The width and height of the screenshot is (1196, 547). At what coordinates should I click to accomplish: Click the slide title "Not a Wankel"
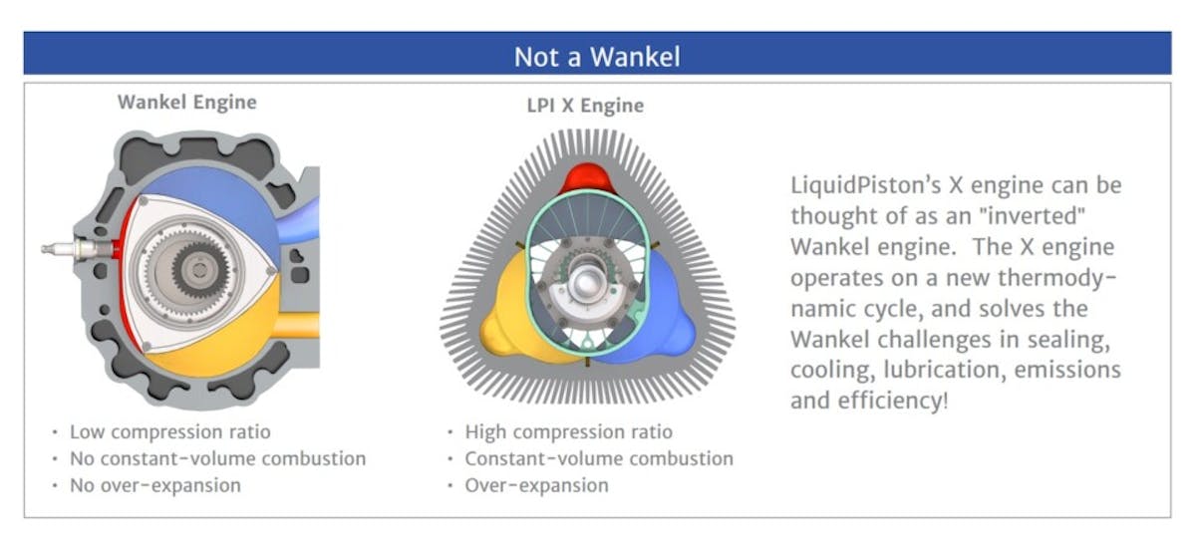(x=597, y=56)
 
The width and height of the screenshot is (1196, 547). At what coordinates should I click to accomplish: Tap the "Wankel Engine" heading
(x=186, y=102)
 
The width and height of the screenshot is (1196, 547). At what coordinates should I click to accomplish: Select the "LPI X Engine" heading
(x=585, y=105)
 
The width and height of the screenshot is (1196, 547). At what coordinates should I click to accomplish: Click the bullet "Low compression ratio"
(x=169, y=432)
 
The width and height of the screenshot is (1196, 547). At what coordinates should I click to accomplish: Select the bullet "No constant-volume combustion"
(x=217, y=459)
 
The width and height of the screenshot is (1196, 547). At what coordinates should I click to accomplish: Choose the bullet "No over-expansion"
(x=154, y=486)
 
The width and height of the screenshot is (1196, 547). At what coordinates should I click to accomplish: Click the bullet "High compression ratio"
(x=568, y=432)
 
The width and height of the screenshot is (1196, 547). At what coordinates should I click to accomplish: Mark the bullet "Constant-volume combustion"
(x=598, y=459)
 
